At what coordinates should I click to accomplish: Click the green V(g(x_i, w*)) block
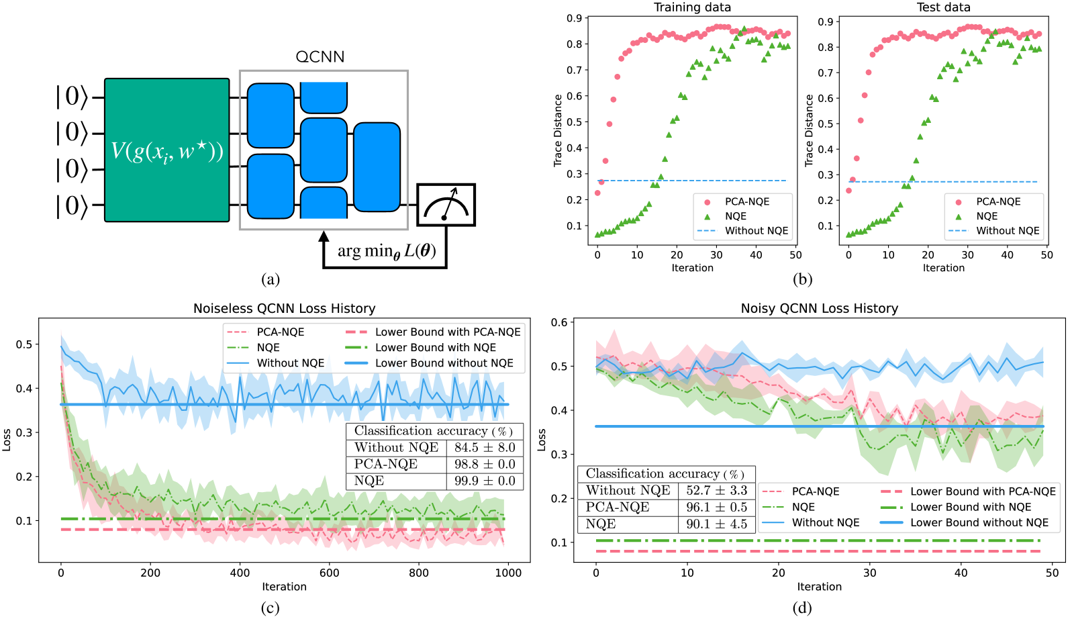pos(166,150)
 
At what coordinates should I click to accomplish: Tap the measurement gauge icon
pos(446,205)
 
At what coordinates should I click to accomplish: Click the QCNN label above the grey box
pos(320,57)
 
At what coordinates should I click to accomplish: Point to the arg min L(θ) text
pos(387,251)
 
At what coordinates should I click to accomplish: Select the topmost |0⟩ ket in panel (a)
pos(72,97)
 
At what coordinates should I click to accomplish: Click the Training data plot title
pos(692,7)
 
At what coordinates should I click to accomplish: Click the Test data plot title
pos(943,7)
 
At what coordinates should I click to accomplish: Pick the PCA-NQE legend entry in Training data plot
pos(746,201)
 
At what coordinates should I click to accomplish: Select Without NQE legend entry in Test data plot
pos(1007,230)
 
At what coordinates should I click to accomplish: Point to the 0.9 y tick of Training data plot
pos(574,18)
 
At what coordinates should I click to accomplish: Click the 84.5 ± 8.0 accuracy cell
pos(485,447)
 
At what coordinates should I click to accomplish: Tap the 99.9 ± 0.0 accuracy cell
pos(485,481)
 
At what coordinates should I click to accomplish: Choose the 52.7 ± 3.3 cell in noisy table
pos(716,490)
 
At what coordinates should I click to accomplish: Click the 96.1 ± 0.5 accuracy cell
pos(716,507)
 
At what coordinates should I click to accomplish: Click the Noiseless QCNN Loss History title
pos(284,308)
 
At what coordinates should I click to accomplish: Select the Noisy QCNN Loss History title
pos(819,308)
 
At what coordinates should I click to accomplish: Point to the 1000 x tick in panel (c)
pos(507,573)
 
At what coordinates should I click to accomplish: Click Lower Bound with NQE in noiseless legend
pos(435,347)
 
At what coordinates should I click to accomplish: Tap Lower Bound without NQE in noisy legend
pos(979,522)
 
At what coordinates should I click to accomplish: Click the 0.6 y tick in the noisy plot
pos(558,322)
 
